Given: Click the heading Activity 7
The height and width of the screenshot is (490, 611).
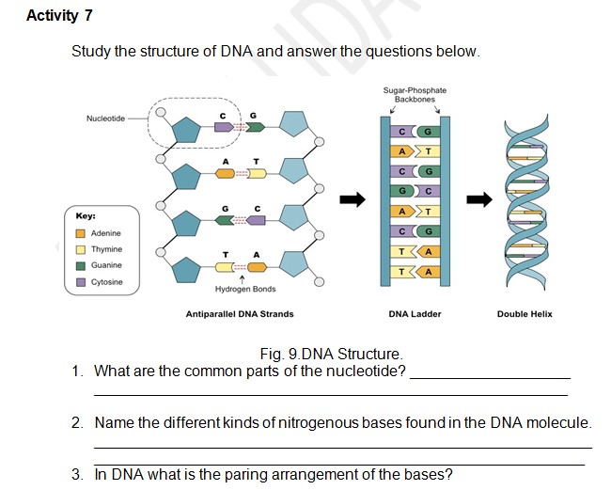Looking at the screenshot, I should [x=60, y=16].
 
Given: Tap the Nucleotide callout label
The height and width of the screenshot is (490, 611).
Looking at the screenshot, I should [x=105, y=118].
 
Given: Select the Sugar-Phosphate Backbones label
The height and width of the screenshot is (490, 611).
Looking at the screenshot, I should [x=415, y=94].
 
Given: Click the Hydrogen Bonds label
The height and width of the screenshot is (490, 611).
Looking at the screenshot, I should [x=244, y=289].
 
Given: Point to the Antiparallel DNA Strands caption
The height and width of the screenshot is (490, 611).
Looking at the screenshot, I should [x=240, y=314].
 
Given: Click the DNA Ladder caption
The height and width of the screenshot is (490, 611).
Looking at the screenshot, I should [x=415, y=314].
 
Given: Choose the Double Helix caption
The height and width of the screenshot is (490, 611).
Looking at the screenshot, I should [x=525, y=314].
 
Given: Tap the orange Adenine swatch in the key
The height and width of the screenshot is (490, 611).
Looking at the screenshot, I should [x=81, y=233].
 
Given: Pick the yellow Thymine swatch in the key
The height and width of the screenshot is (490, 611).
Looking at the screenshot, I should [x=81, y=249].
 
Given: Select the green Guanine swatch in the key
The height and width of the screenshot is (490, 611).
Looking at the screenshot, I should [x=81, y=265].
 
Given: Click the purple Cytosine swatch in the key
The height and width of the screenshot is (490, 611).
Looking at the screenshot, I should [x=81, y=282].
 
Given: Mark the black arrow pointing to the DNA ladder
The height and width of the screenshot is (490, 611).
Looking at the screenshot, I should [x=352, y=198].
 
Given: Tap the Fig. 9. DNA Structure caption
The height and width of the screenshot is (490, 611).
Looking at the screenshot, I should [x=331, y=354].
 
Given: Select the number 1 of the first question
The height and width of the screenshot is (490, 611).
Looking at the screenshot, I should [x=77, y=371].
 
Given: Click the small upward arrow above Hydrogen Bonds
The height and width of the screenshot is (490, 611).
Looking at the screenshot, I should [x=244, y=278].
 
